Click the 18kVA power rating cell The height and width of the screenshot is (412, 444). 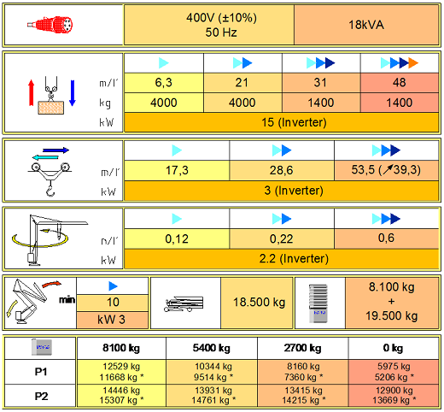[x=366, y=25]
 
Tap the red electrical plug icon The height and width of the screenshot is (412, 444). [x=50, y=25]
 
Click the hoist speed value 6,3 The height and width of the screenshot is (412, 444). [x=164, y=83]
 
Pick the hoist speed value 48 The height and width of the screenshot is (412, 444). [x=400, y=83]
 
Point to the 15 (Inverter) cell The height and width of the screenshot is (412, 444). [x=282, y=122]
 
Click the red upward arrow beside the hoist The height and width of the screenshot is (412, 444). [x=32, y=92]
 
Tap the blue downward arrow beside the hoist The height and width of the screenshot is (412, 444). [x=73, y=93]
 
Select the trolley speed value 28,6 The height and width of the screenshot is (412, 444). [x=282, y=170]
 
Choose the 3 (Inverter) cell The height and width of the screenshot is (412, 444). [x=282, y=191]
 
